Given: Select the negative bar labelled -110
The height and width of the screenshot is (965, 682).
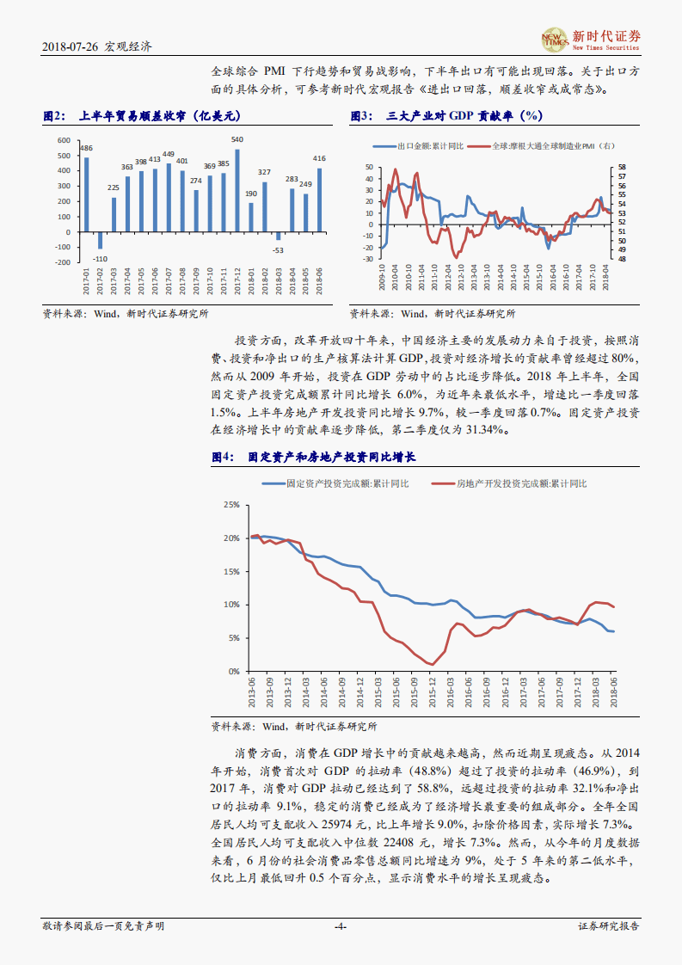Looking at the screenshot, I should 100,240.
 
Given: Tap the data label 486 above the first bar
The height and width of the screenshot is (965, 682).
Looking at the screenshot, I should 86,149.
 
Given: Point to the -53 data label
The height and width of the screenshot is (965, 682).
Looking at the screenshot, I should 278,250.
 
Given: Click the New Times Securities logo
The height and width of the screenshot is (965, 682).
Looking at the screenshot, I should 591,39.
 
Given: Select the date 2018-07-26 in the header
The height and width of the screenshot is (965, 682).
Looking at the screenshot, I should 71,48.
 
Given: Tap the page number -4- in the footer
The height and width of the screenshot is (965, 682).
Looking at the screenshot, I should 341,926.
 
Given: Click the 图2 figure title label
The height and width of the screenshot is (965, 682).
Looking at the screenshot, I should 54,116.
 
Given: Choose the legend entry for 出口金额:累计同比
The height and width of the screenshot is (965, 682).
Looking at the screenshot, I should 423,147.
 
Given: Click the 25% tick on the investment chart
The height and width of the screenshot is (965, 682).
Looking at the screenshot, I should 230,505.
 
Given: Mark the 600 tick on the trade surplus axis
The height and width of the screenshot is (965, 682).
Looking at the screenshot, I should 63,140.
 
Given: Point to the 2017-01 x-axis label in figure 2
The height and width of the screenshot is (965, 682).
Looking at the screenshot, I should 86,282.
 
